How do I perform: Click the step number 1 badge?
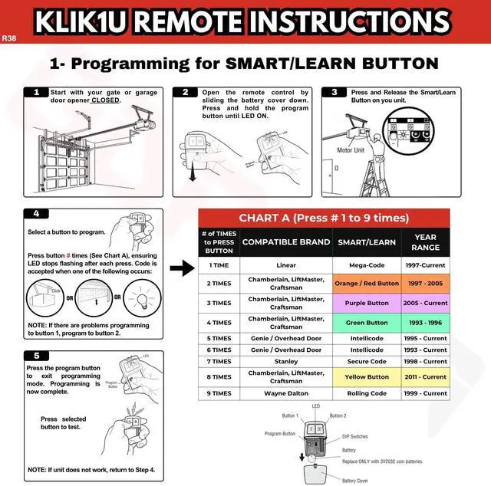pyautogui.click(x=35, y=93)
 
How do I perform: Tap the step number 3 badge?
pyautogui.click(x=334, y=93)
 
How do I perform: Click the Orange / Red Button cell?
pyautogui.click(x=367, y=283)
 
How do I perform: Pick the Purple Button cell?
pyautogui.click(x=367, y=303)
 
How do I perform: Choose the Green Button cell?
pyautogui.click(x=367, y=323)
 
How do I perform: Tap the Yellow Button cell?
pyautogui.click(x=367, y=377)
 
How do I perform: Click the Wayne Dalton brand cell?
pyautogui.click(x=285, y=393)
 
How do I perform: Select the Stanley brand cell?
pyautogui.click(x=285, y=361)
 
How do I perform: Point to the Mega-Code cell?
pyautogui.click(x=367, y=264)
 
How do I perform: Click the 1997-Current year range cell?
pyautogui.click(x=425, y=264)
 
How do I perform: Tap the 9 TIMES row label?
pyautogui.click(x=219, y=393)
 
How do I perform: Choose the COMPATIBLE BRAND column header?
pyautogui.click(x=285, y=241)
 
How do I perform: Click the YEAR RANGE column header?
pyautogui.click(x=425, y=241)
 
